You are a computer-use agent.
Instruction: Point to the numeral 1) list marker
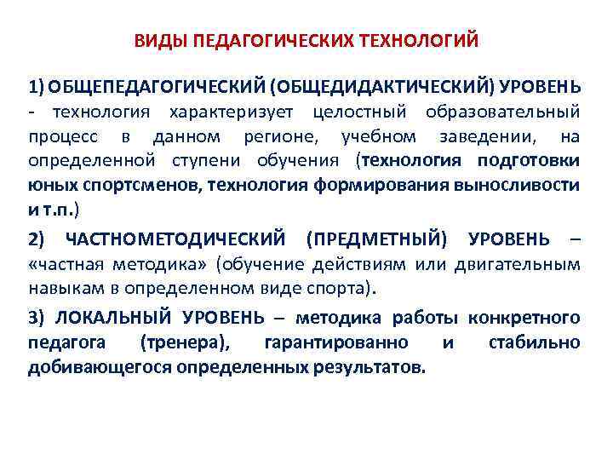(x=37, y=87)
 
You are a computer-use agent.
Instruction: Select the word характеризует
(x=231, y=112)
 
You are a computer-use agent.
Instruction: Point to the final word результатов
(x=375, y=368)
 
